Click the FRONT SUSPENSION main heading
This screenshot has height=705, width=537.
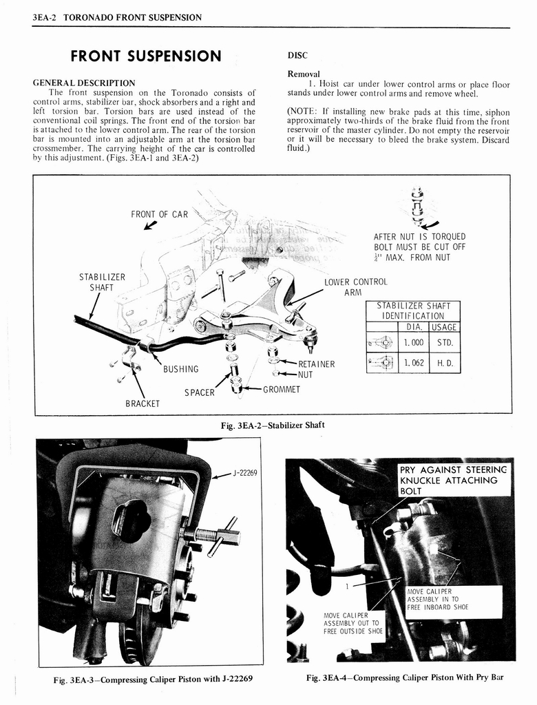click(x=146, y=56)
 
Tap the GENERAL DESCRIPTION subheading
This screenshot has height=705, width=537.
click(x=84, y=83)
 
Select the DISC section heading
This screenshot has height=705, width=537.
click(x=297, y=56)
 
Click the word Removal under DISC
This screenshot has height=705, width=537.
click(x=304, y=74)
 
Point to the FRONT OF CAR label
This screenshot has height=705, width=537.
click(x=159, y=214)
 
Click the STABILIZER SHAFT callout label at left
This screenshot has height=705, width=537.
click(x=103, y=282)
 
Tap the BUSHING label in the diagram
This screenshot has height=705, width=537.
click(x=181, y=369)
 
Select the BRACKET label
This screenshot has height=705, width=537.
click(x=143, y=403)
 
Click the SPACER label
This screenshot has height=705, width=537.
click(x=199, y=392)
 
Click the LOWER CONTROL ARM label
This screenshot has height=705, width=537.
click(x=355, y=286)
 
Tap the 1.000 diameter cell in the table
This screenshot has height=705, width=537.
click(x=413, y=342)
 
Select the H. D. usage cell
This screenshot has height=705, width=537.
click(x=444, y=363)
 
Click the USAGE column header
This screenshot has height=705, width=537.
click(x=444, y=327)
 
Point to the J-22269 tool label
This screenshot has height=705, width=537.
click(x=244, y=473)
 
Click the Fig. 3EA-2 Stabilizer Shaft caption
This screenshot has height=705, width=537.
click(x=273, y=425)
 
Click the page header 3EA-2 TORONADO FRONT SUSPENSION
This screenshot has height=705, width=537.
click(x=117, y=17)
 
